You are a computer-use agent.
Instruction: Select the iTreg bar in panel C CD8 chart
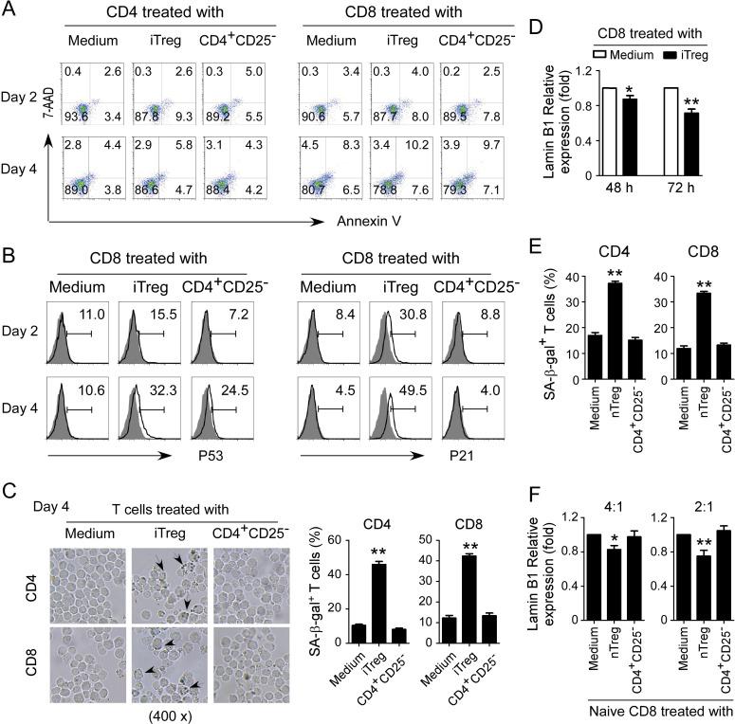click(x=491, y=537)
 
